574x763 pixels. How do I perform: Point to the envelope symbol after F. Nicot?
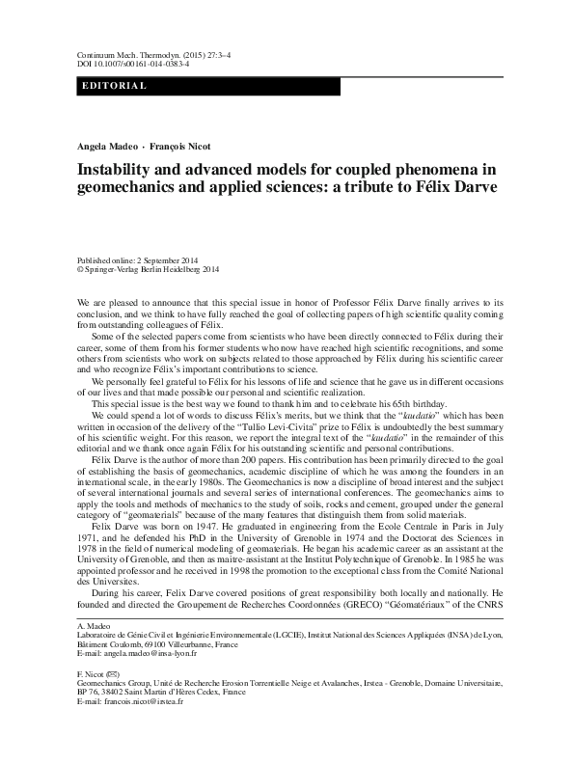(x=112, y=703)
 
